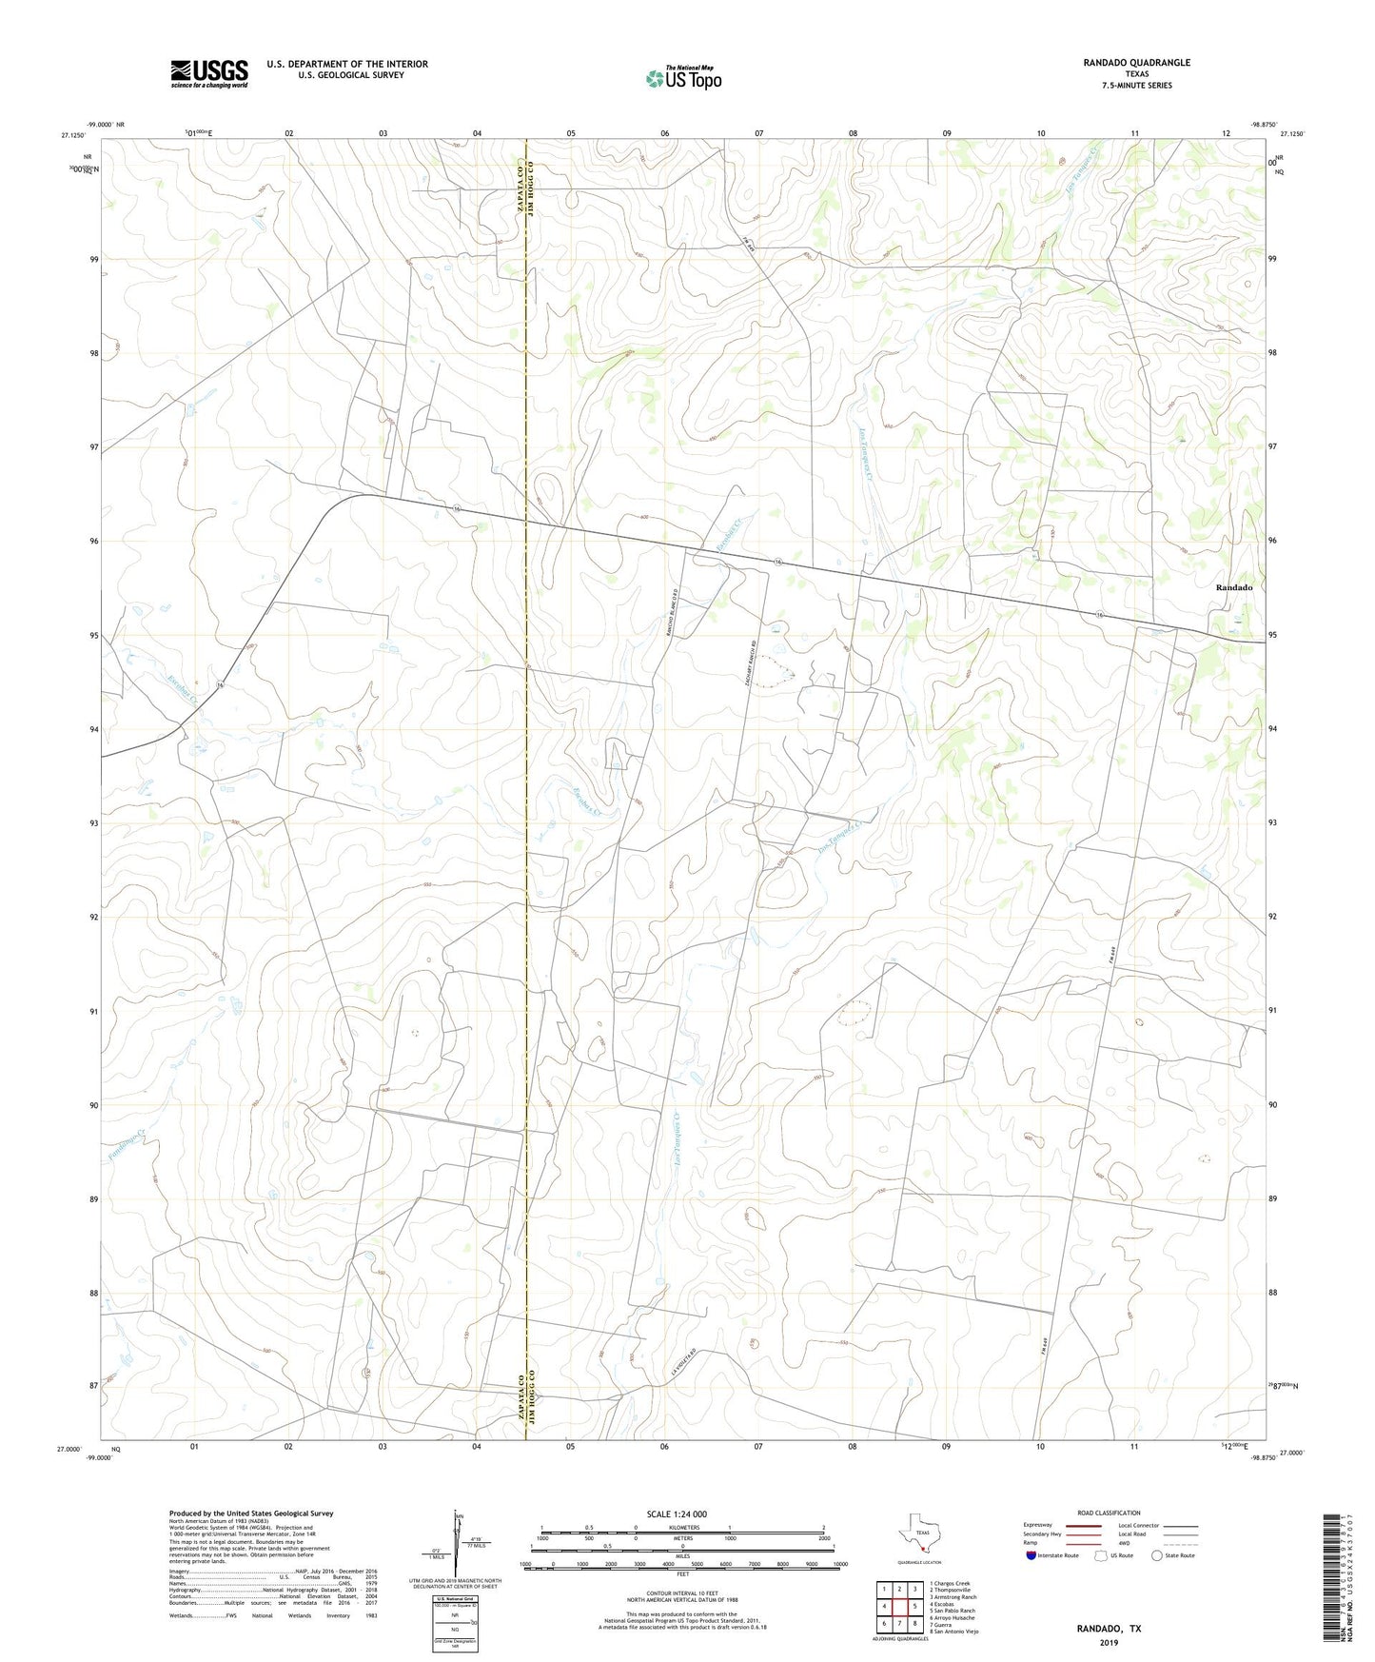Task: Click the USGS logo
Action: [208, 73]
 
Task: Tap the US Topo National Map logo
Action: [683, 78]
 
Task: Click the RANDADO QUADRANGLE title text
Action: [1136, 63]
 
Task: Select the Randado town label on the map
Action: [1233, 588]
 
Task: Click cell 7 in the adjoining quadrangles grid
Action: [899, 1623]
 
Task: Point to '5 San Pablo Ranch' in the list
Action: [953, 1611]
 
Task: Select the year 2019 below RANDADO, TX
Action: [1108, 1642]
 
